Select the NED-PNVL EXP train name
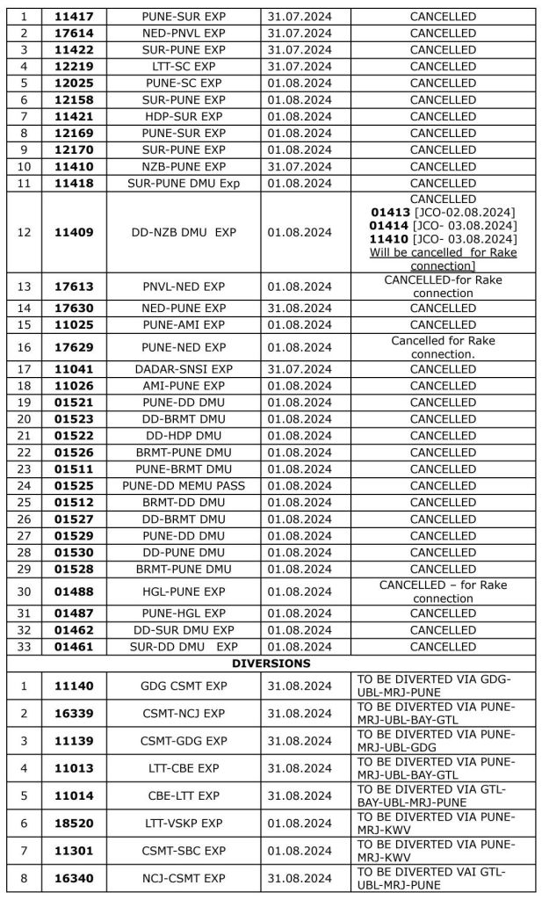coord(183,33)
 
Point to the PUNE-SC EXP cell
coord(183,83)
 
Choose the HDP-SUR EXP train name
coord(183,117)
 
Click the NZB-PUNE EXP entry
coord(183,167)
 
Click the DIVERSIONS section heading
coord(271,664)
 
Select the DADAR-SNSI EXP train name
coord(183,369)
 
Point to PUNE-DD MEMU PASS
coord(183,486)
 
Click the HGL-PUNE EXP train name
coord(183,592)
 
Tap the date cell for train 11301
coord(302,848)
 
